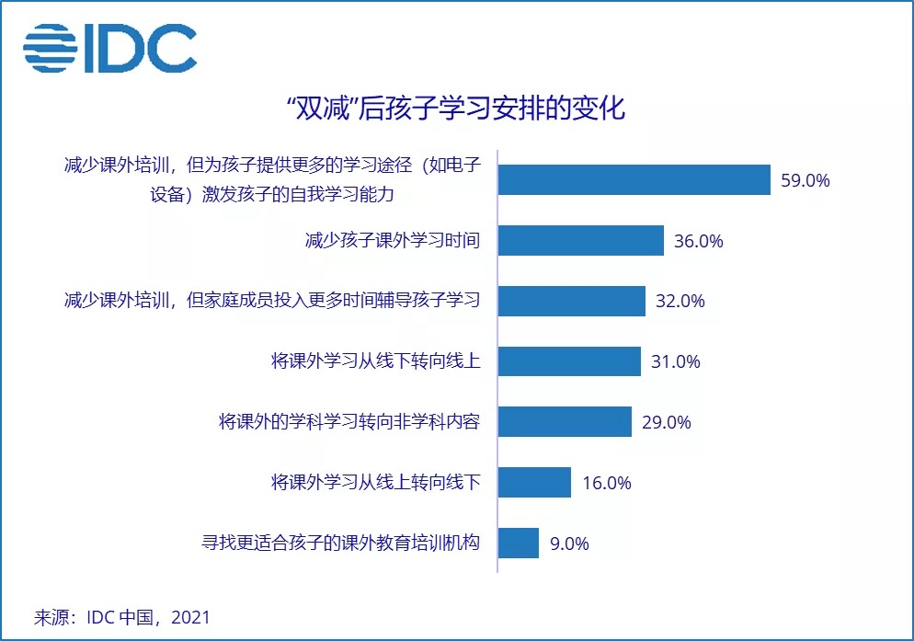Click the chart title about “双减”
pyautogui.click(x=457, y=109)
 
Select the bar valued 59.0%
pyautogui.click(x=634, y=180)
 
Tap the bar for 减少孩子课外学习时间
pyautogui.click(x=580, y=241)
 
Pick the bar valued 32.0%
pyautogui.click(x=571, y=301)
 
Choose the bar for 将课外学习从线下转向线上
pyautogui.click(x=569, y=361)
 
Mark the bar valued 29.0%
pyautogui.click(x=565, y=422)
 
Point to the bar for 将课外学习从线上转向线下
pyautogui.click(x=534, y=482)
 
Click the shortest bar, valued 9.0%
pyautogui.click(x=518, y=543)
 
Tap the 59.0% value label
pyautogui.click(x=805, y=181)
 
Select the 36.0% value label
pyautogui.click(x=699, y=242)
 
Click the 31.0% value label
pyautogui.click(x=676, y=361)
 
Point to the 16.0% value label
pyautogui.click(x=606, y=483)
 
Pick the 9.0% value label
pyautogui.click(x=568, y=544)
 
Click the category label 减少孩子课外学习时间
pyautogui.click(x=394, y=241)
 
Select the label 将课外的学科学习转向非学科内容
pyautogui.click(x=350, y=422)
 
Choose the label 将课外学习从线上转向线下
pyautogui.click(x=376, y=482)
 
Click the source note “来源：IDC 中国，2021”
pyautogui.click(x=121, y=616)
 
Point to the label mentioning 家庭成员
pyautogui.click(x=272, y=301)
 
